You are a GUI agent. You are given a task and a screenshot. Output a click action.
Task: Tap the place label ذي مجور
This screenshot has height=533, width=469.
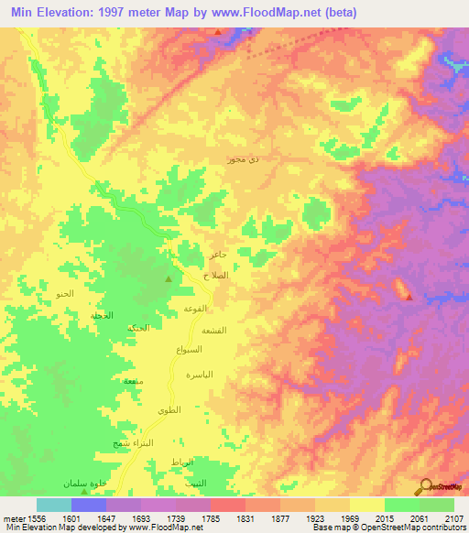coord(243,159)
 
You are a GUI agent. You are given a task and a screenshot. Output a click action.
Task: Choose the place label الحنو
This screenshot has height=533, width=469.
coord(64,294)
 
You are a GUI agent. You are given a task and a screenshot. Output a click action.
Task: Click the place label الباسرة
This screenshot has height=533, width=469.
coord(199,375)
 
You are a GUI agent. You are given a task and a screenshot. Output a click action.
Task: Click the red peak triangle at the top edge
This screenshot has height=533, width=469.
coord(218,32)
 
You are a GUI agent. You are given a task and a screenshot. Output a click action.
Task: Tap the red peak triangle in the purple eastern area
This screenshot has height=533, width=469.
coord(409,296)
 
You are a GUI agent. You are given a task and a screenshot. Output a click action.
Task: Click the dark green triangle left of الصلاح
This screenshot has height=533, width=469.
coord(168,278)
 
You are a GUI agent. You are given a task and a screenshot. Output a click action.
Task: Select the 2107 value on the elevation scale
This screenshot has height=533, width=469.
coord(454,517)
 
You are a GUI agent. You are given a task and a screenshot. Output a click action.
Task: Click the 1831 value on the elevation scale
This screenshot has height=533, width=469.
coord(245,517)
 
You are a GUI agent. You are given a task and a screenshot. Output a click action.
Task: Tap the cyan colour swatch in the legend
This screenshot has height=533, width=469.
coord(54,505)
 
